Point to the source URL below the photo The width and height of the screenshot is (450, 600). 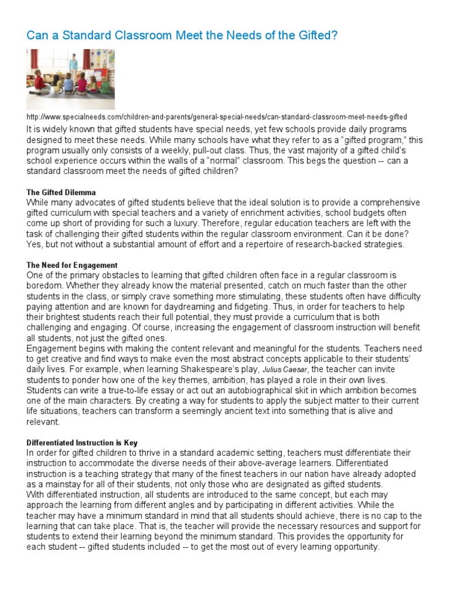point(217,117)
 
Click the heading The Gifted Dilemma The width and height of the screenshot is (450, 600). point(62,192)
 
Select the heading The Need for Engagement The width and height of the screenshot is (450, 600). point(72,265)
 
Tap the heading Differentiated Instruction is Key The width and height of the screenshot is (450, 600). point(82,443)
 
